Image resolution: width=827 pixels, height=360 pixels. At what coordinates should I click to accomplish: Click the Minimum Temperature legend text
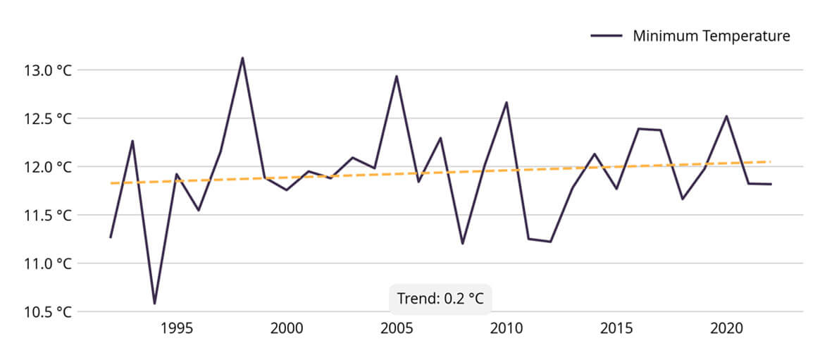[711, 36]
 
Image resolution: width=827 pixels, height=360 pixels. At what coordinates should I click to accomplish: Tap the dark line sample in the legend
[606, 36]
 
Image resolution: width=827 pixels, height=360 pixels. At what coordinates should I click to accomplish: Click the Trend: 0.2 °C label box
[440, 299]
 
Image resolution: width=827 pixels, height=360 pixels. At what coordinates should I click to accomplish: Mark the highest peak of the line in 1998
[242, 58]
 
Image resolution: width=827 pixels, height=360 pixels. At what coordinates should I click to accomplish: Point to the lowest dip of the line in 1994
[154, 304]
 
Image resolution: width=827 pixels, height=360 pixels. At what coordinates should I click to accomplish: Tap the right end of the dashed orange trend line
[770, 161]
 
